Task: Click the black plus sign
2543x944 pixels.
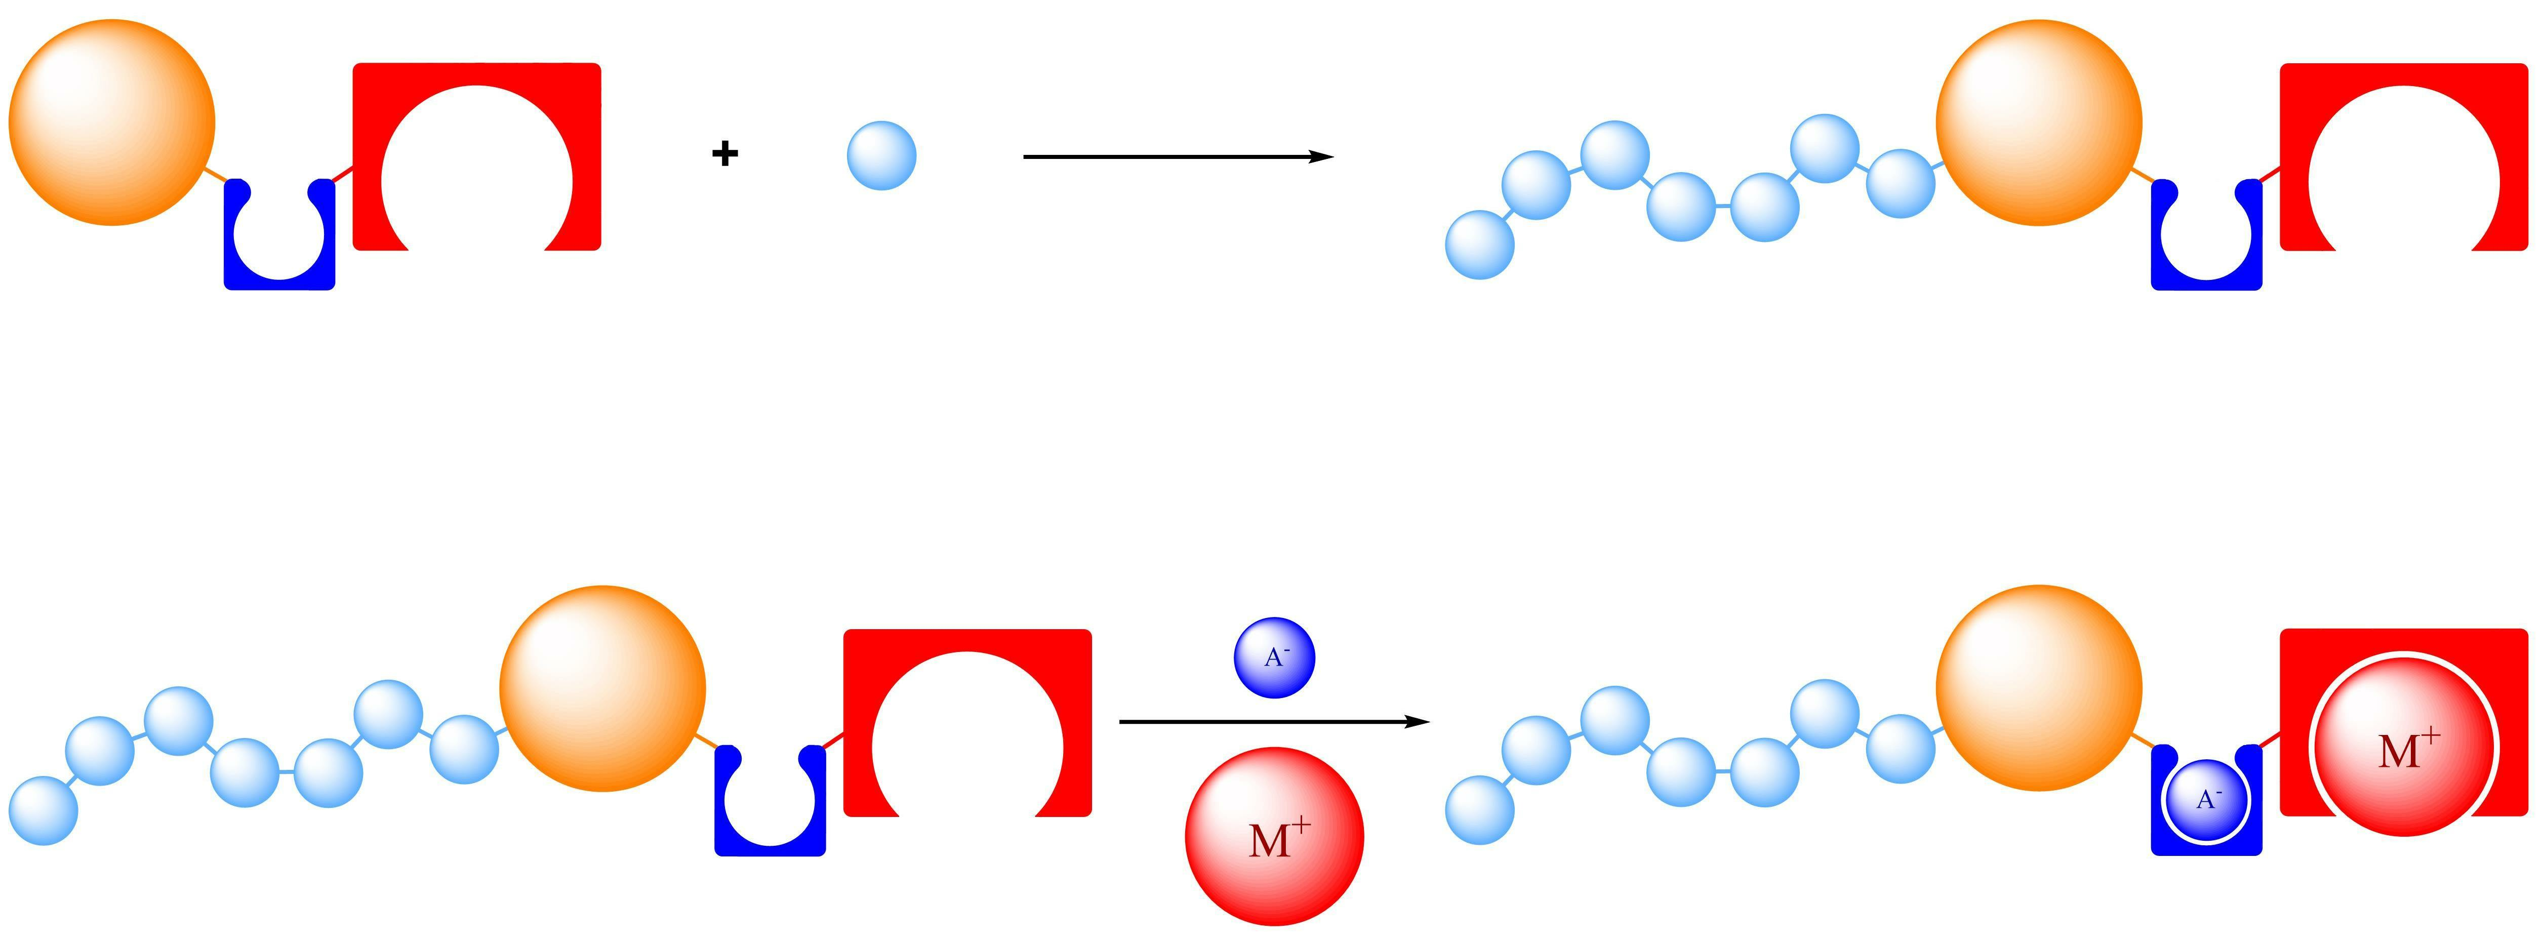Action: pos(724,154)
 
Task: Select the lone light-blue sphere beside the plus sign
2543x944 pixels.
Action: pos(881,155)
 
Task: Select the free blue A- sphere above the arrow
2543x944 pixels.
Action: pos(1274,658)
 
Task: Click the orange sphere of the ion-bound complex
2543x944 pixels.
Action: pos(2039,688)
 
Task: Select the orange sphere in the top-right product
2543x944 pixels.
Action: pos(2039,122)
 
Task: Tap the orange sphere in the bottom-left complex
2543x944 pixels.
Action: pos(602,688)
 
